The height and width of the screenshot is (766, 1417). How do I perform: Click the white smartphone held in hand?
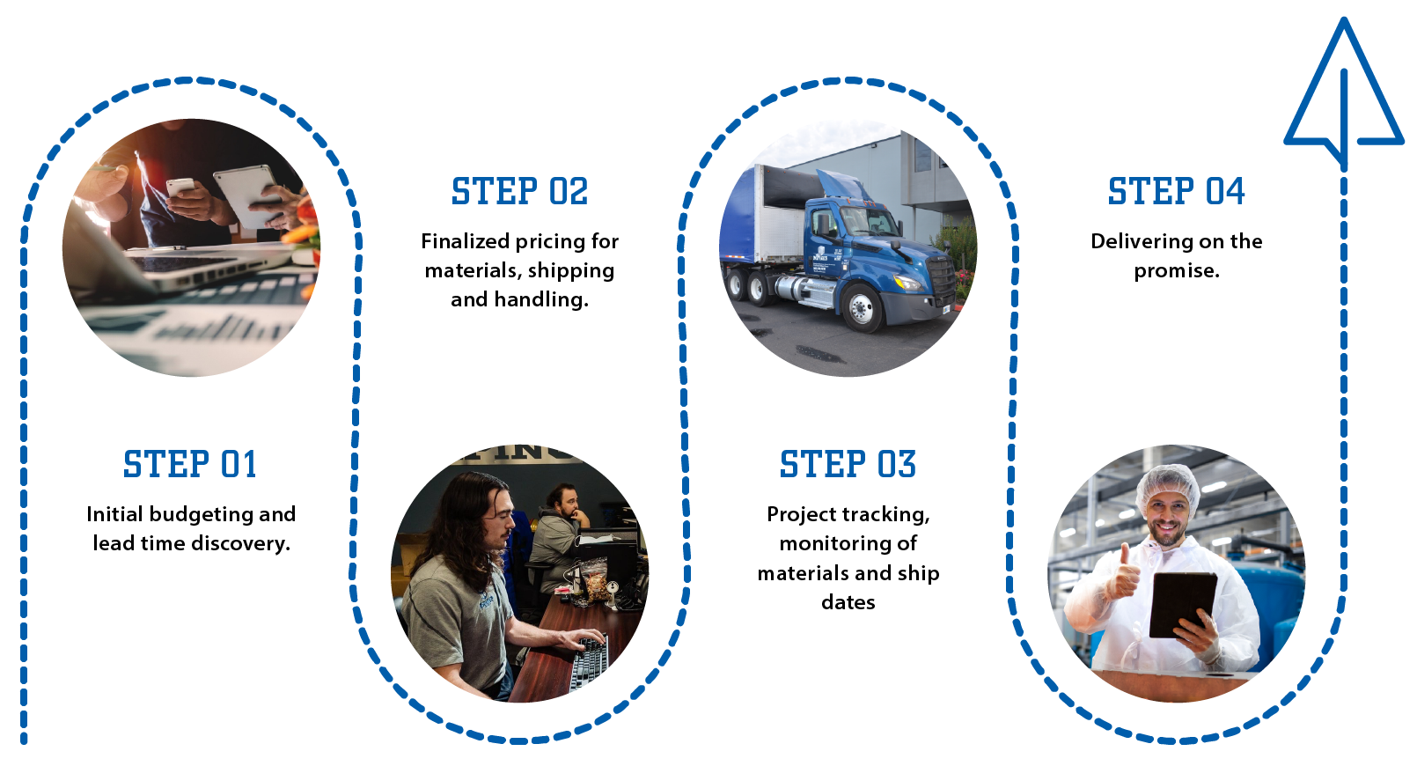point(181,188)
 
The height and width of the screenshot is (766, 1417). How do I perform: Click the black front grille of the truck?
point(943,277)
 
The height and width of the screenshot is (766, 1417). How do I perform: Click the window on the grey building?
point(922,155)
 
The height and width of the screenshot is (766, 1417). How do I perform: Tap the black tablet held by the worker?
point(1182,603)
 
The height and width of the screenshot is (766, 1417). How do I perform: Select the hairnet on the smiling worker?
point(1167,484)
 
